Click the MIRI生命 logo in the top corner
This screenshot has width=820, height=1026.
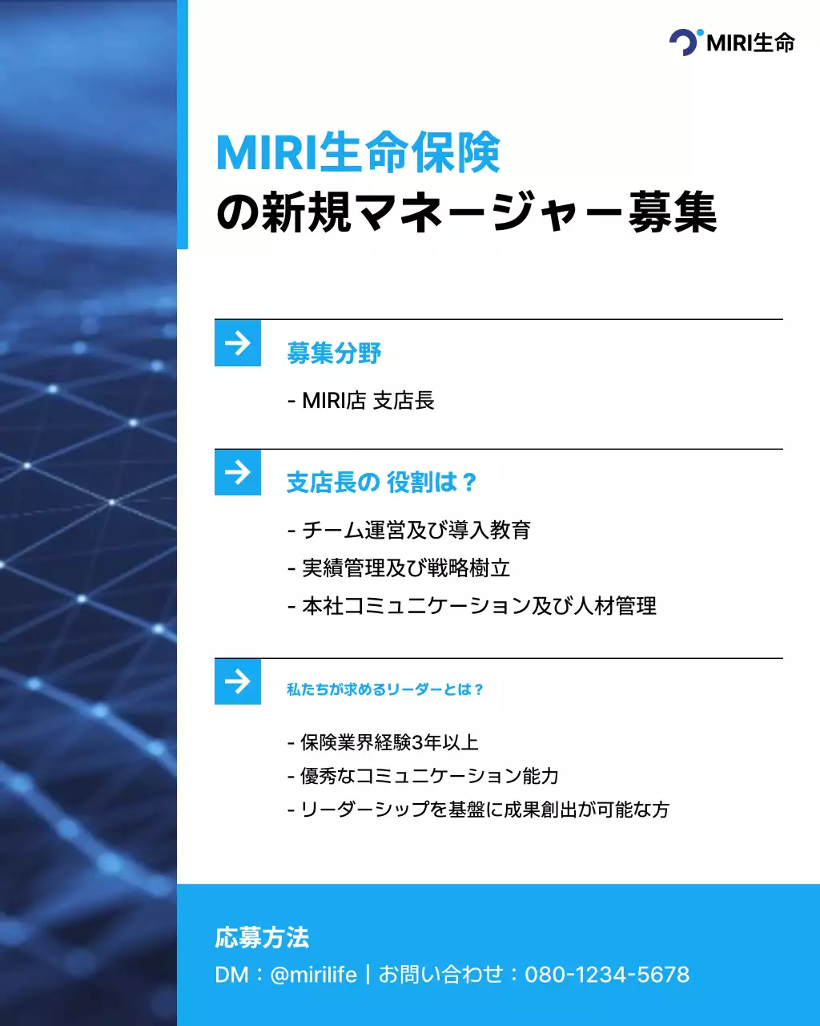point(732,42)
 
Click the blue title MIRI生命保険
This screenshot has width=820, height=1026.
point(358,152)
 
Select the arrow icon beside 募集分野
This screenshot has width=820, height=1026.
point(238,343)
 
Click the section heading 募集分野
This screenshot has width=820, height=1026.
point(334,353)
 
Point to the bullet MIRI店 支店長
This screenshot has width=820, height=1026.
point(360,400)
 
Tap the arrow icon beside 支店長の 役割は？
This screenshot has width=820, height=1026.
point(238,472)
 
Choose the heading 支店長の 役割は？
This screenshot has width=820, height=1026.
point(382,483)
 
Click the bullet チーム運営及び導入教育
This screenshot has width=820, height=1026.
point(408,530)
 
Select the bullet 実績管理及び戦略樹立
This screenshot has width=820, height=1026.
point(398,568)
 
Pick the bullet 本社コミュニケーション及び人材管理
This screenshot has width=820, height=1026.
point(472,606)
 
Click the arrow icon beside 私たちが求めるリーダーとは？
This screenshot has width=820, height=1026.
point(238,681)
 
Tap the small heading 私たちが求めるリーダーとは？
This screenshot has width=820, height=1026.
point(385,689)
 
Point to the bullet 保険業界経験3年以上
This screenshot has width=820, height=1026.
point(383,742)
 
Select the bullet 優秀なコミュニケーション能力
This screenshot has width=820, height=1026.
point(423,776)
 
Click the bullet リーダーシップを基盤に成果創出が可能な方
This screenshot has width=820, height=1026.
point(478,810)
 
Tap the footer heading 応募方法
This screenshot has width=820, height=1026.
point(262,938)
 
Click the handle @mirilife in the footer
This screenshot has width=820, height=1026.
point(314,975)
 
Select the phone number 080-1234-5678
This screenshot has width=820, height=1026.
point(607,975)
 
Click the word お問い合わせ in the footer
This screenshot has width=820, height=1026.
point(440,975)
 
